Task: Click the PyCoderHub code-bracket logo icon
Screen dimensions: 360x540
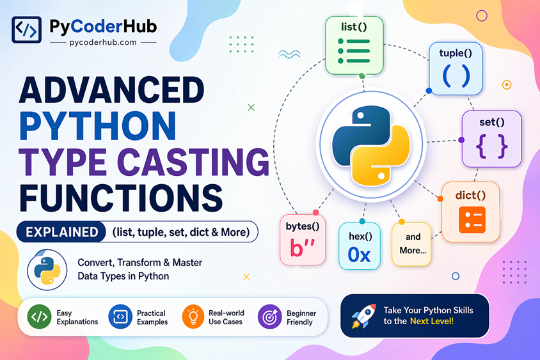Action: [x=27, y=30]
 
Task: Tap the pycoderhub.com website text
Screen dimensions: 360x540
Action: [x=103, y=42]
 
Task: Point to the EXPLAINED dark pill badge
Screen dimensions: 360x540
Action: [x=62, y=232]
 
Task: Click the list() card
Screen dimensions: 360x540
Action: [x=354, y=45]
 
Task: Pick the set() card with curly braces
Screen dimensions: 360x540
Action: [x=491, y=139]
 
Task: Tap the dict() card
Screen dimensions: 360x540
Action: [x=472, y=212]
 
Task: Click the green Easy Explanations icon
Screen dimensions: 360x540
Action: [x=40, y=317]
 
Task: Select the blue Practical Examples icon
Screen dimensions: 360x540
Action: [x=120, y=317]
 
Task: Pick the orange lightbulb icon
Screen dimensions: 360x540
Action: [x=193, y=317]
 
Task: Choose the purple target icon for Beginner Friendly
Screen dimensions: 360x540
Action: [x=269, y=317]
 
